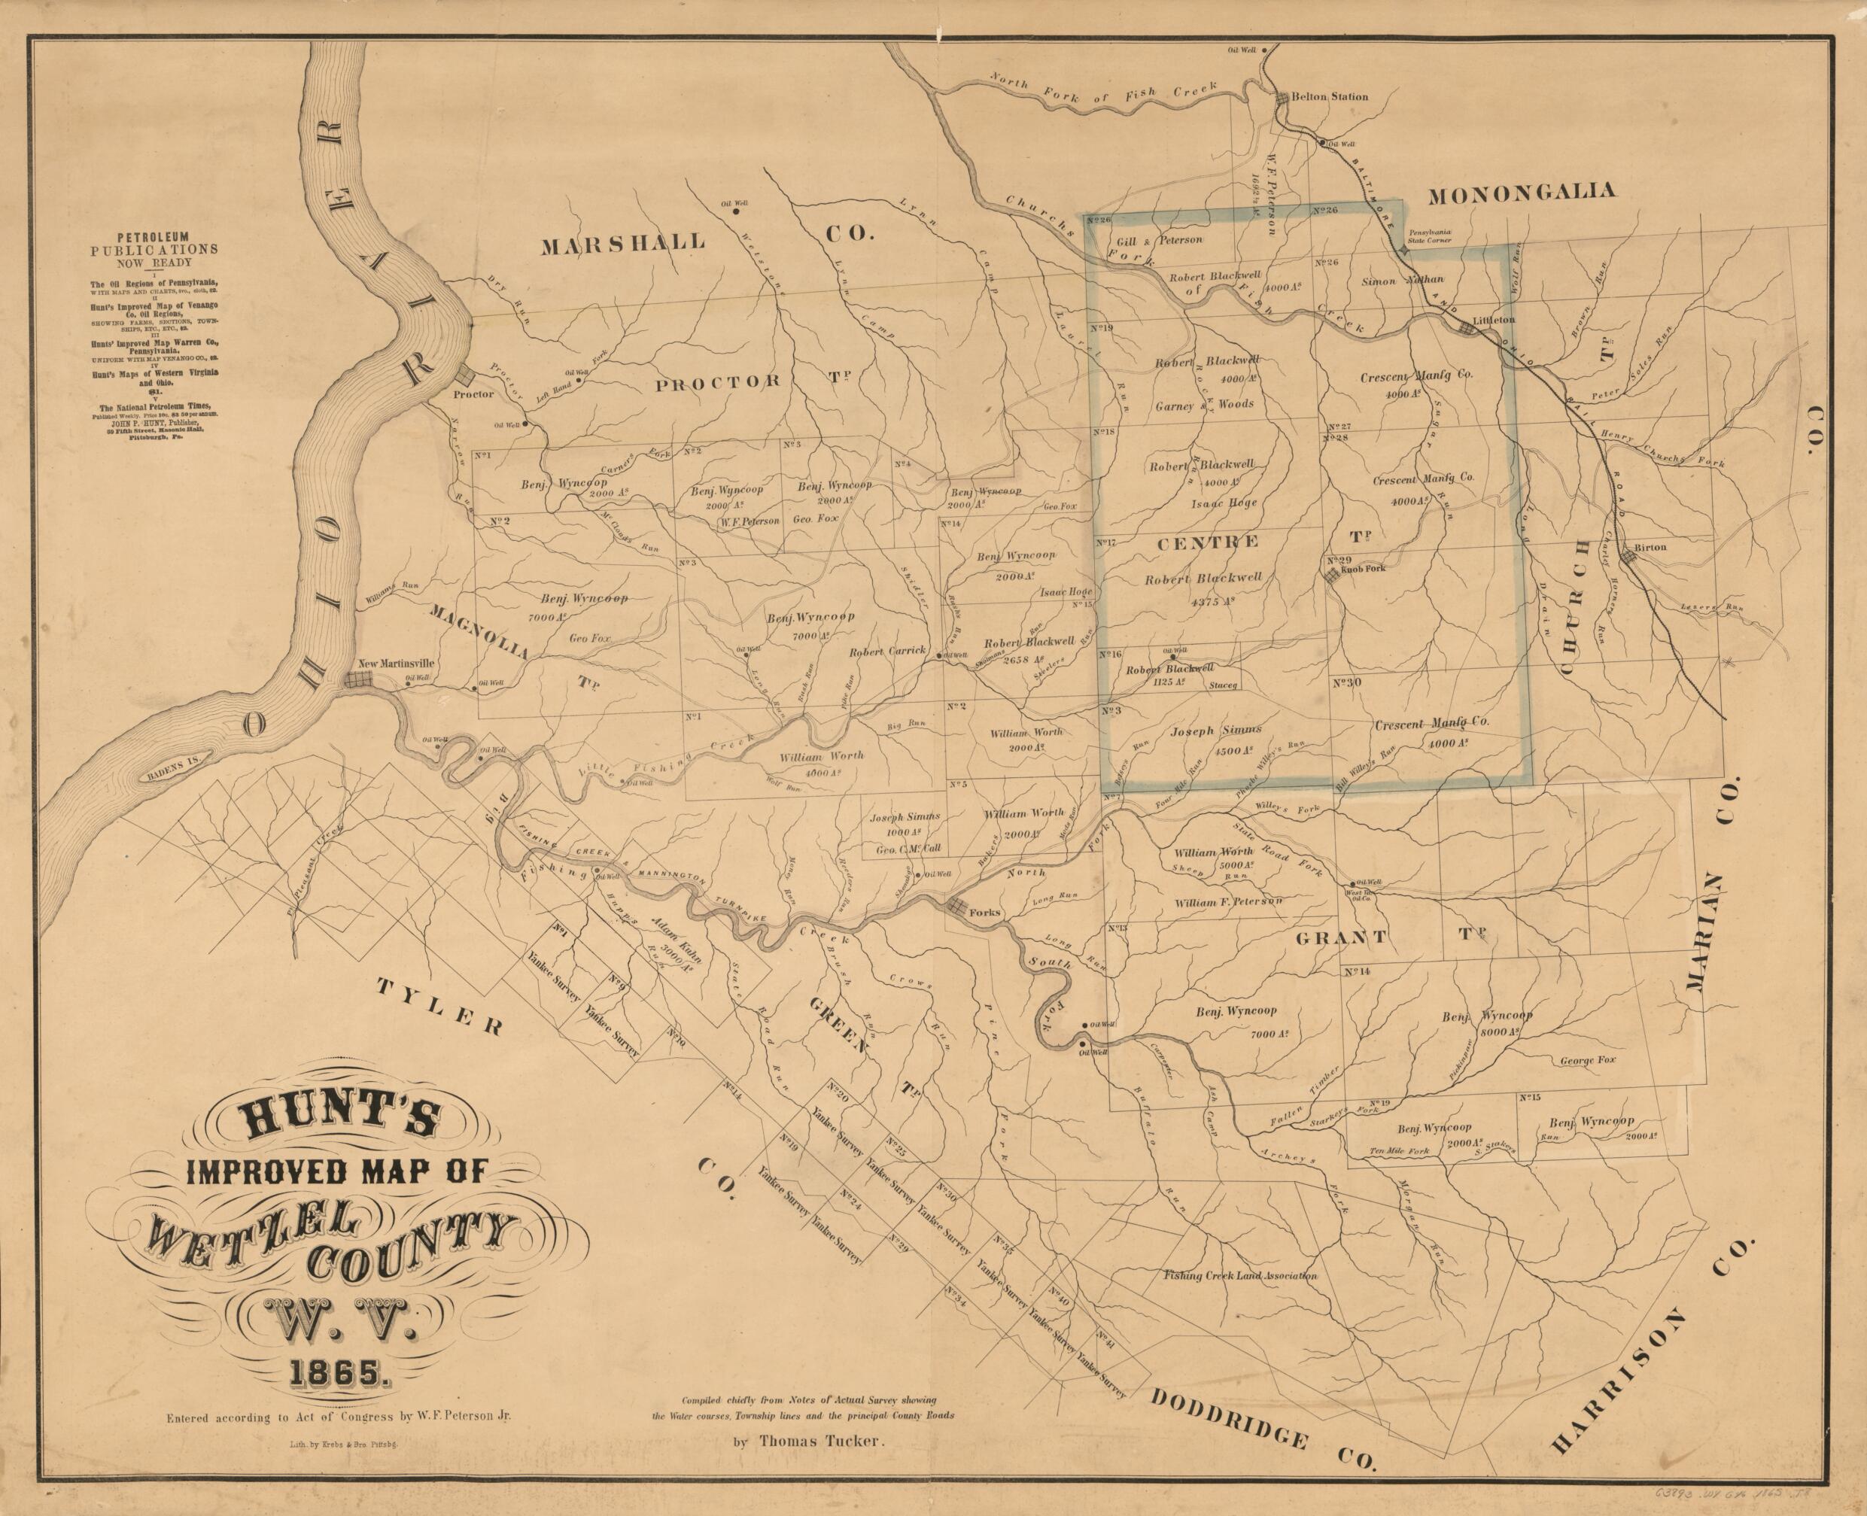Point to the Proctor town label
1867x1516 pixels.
(x=474, y=393)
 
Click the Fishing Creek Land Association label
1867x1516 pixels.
(x=1239, y=1276)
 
